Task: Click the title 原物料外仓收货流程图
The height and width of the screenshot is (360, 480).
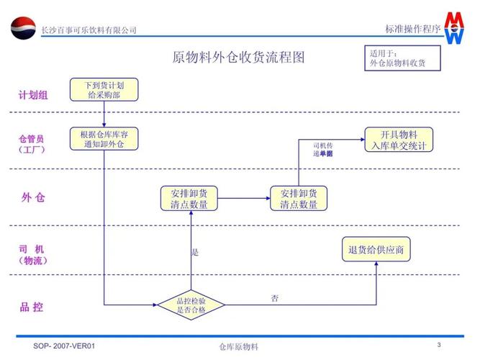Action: (238, 57)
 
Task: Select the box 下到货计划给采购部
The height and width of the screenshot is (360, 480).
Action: (104, 89)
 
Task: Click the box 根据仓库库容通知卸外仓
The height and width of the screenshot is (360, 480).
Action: (104, 139)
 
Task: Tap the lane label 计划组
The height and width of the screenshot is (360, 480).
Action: (33, 94)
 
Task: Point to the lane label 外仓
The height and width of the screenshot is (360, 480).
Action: (33, 197)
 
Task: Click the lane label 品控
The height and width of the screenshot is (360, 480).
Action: (32, 307)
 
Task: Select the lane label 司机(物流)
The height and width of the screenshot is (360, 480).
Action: (32, 255)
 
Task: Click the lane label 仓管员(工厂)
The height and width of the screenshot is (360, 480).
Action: (32, 144)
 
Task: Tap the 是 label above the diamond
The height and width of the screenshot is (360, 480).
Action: (195, 253)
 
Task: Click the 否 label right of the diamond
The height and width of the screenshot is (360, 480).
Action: (275, 299)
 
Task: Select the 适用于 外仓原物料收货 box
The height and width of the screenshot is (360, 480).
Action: (402, 58)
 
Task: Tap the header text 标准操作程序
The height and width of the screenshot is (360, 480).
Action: (412, 29)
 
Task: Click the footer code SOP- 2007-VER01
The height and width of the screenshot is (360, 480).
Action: (64, 346)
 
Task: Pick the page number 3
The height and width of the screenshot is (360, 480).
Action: (439, 344)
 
